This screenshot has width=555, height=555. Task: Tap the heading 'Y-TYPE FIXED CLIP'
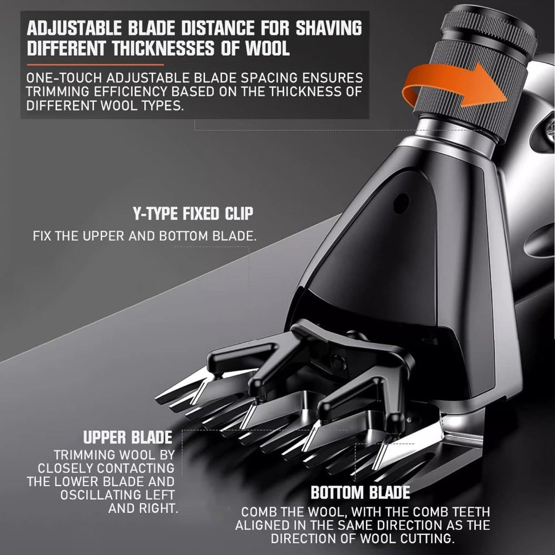(x=193, y=214)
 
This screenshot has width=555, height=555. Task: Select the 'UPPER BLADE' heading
(x=128, y=437)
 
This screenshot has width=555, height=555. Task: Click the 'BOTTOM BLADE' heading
(x=360, y=492)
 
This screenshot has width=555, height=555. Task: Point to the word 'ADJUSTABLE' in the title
(x=74, y=28)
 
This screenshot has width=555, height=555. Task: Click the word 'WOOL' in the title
(x=268, y=48)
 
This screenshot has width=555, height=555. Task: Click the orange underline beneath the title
(x=95, y=65)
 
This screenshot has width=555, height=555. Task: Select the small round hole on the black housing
(x=401, y=203)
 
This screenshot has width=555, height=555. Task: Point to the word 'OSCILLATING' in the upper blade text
(x=101, y=495)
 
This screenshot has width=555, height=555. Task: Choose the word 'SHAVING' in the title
(x=329, y=28)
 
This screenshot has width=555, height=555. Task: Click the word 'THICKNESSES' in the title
(x=164, y=48)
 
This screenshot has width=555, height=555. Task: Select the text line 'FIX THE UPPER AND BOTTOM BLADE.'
(x=145, y=236)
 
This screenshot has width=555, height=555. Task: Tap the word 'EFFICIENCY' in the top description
(x=130, y=92)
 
